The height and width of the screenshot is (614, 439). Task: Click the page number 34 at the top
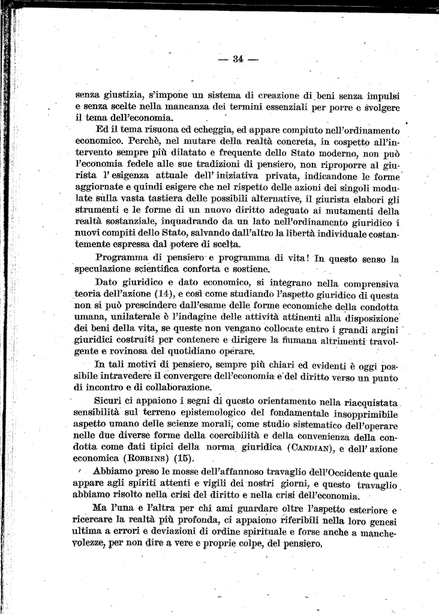point(237,59)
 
